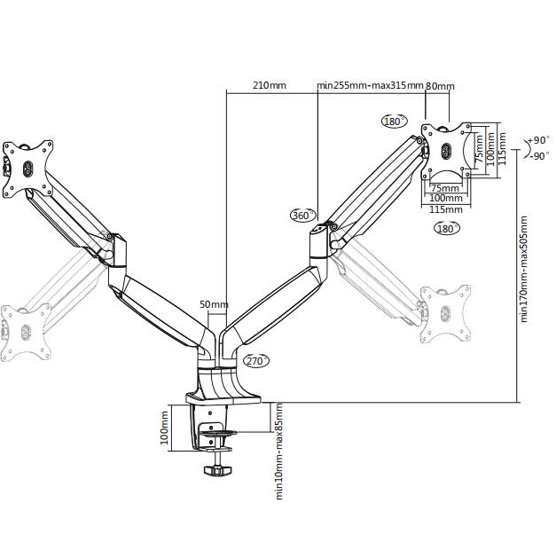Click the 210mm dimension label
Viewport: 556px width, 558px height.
pyautogui.click(x=270, y=85)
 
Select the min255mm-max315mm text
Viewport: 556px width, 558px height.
pyautogui.click(x=370, y=85)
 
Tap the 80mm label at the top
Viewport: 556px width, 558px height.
pyautogui.click(x=440, y=86)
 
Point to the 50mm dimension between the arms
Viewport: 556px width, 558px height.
pyautogui.click(x=214, y=304)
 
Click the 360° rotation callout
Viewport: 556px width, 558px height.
pyautogui.click(x=303, y=216)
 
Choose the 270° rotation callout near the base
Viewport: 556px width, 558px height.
pyautogui.click(x=256, y=361)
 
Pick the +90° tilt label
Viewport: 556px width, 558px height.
pyautogui.click(x=539, y=140)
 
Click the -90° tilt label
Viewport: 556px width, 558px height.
pyautogui.click(x=539, y=155)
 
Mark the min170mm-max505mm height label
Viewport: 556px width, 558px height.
pyautogui.click(x=523, y=269)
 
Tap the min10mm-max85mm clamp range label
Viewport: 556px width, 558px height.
pyautogui.click(x=279, y=452)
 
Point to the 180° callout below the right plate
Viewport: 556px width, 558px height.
pyautogui.click(x=447, y=228)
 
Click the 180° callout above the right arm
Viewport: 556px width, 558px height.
pyautogui.click(x=395, y=122)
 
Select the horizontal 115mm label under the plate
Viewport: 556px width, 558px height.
pyautogui.click(x=446, y=209)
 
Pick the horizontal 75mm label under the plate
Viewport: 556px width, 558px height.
pyautogui.click(x=445, y=187)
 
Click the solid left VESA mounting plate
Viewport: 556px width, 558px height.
pyautogui.click(x=27, y=169)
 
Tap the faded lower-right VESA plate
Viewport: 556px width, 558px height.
pyautogui.click(x=445, y=313)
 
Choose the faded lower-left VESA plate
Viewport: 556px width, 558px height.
pyautogui.click(x=26, y=333)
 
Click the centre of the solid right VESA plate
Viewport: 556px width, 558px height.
pyautogui.click(x=446, y=151)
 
